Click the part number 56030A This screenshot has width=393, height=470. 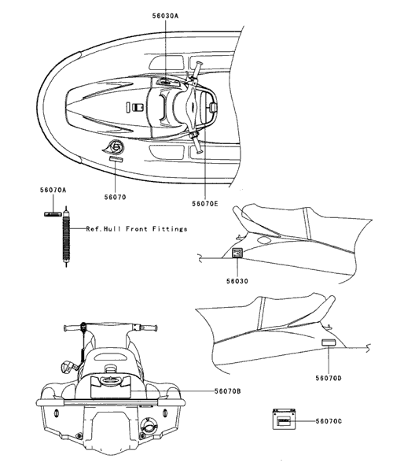coord(165,17)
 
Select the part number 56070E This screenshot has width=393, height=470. coord(205,204)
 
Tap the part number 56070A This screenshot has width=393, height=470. coord(53,190)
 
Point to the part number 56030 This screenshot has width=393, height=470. coord(237,281)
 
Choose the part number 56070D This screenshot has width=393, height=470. coord(329,378)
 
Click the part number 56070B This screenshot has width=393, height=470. coord(227,391)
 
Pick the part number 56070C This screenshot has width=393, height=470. coord(329,421)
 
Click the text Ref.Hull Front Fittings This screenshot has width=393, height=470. coord(137,229)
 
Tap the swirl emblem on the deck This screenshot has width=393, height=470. coord(115,147)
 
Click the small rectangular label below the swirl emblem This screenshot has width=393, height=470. coord(116,159)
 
